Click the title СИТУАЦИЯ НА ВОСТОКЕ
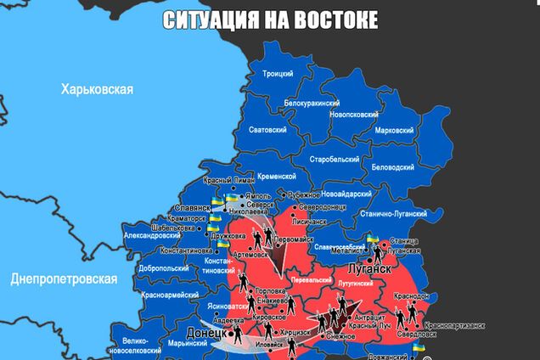pos(270,20)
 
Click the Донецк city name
pos(205,334)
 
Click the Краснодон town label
pos(411,295)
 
